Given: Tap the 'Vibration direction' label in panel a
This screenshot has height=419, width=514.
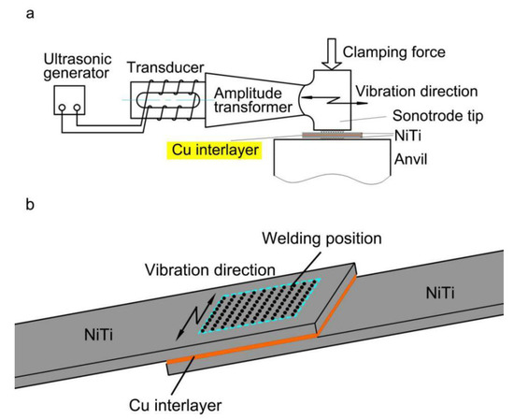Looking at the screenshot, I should pyautogui.click(x=417, y=96).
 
